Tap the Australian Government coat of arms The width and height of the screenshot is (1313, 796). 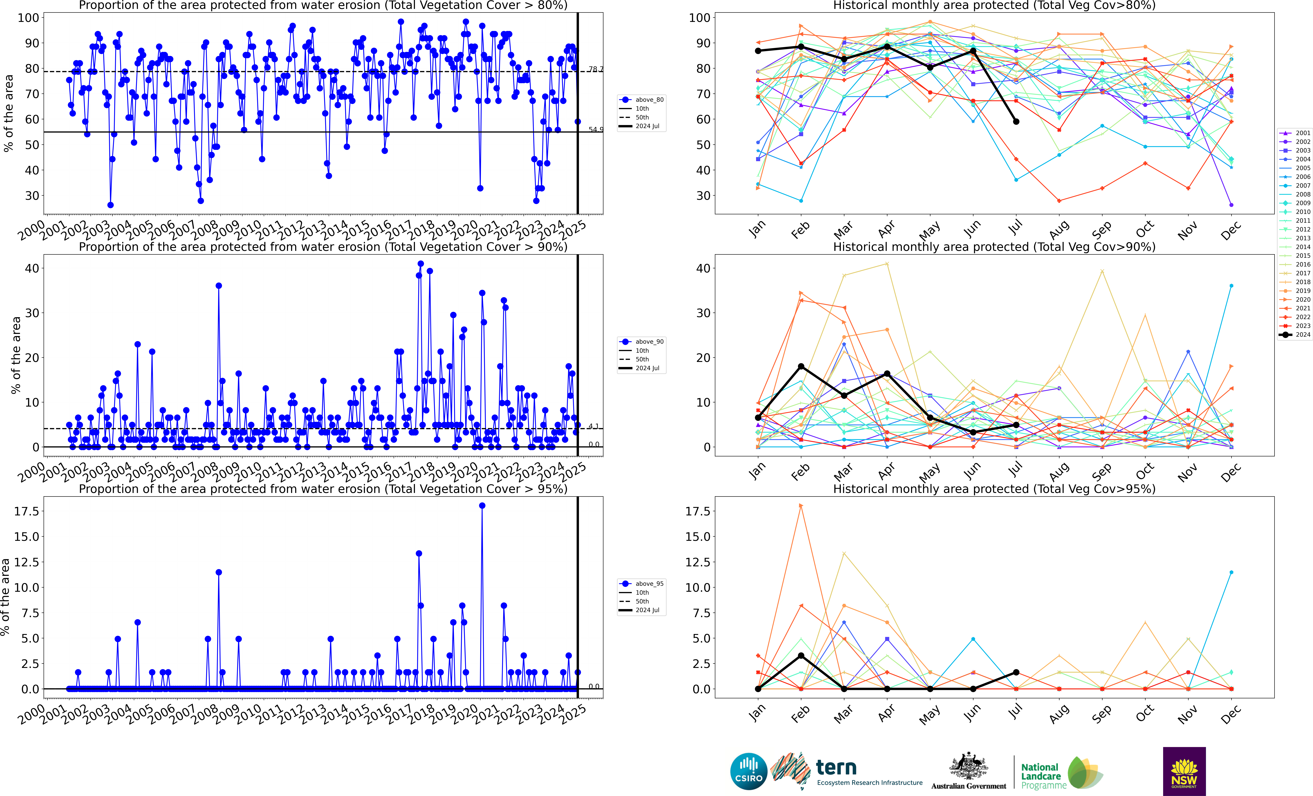[968, 767]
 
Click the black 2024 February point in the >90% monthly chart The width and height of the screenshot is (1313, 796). [801, 366]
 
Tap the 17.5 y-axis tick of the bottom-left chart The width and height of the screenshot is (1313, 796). [27, 511]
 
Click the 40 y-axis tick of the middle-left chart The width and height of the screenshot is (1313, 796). [32, 268]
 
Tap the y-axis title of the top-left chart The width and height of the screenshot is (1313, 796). [9, 113]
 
